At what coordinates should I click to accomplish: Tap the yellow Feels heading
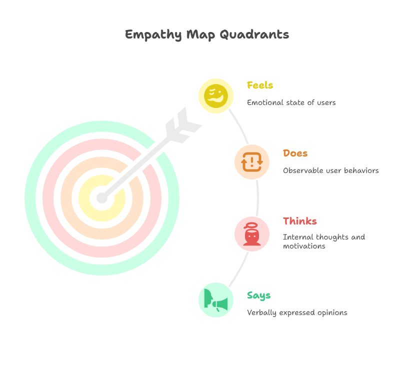click(x=260, y=85)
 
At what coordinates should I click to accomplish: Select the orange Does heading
click(x=295, y=153)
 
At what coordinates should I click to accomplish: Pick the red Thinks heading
click(x=299, y=221)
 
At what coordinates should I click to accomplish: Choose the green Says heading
click(x=258, y=295)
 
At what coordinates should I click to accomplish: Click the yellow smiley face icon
click(x=216, y=95)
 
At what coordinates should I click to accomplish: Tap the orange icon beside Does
click(x=251, y=161)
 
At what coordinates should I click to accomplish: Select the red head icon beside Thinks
click(x=251, y=234)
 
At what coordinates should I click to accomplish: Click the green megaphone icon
click(x=216, y=300)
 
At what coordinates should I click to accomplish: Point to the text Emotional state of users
click(x=291, y=102)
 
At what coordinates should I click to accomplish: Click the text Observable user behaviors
click(x=330, y=170)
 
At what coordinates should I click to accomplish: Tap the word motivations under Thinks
click(x=303, y=246)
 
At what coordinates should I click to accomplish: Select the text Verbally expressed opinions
click(x=297, y=312)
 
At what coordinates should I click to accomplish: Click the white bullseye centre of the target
click(x=101, y=198)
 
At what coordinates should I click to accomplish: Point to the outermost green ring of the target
click(x=32, y=198)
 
